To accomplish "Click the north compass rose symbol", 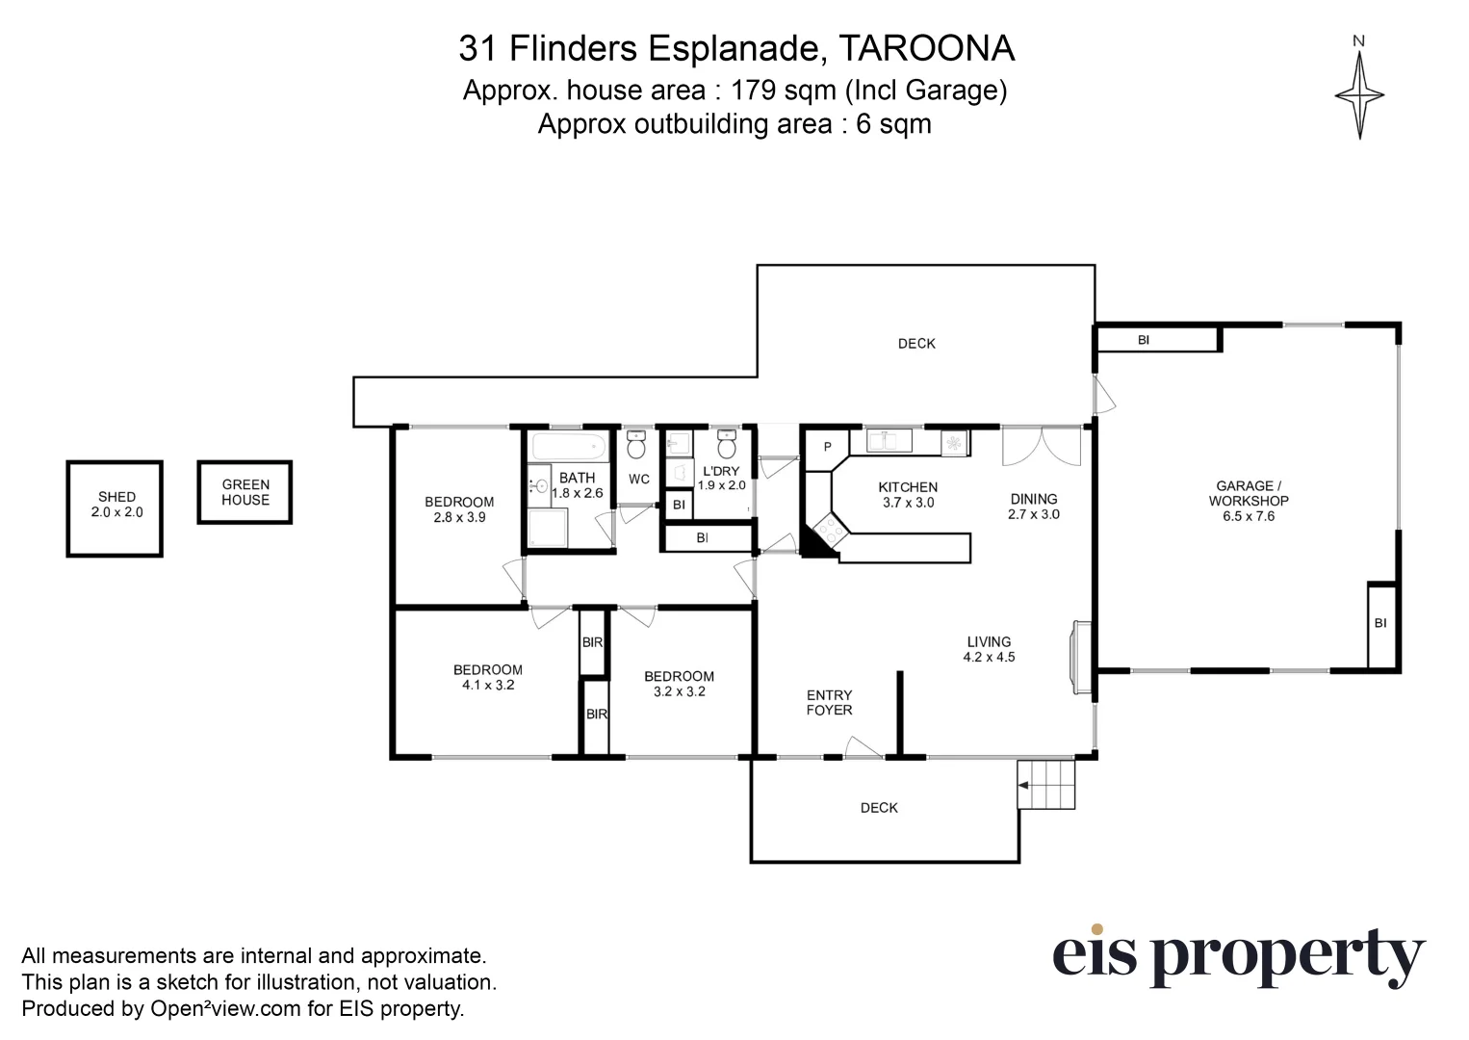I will click(x=1358, y=94).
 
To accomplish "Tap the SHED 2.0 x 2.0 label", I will click(x=116, y=505).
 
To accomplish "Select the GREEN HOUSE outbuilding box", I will click(x=245, y=492).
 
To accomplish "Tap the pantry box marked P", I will click(x=827, y=448).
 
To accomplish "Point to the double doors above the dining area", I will click(x=1042, y=446).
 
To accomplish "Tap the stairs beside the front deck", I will click(x=1046, y=784).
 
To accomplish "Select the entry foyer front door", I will click(x=863, y=748).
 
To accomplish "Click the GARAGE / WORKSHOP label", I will click(x=1249, y=501).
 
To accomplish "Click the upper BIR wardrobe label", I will click(x=593, y=642).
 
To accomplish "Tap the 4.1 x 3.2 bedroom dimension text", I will click(x=488, y=686).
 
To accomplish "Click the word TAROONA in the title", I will click(x=927, y=48).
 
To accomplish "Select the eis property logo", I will click(x=1237, y=955).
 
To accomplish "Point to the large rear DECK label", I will click(x=915, y=344).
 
